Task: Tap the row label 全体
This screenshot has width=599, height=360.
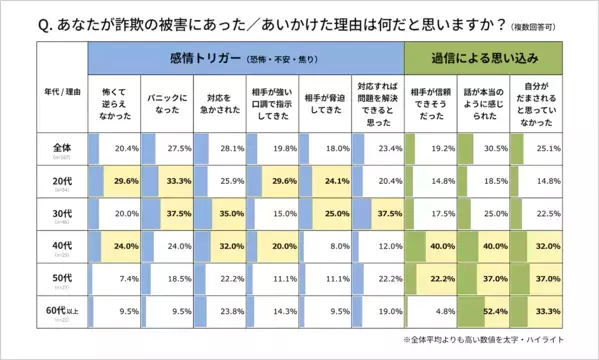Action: coord(61,148)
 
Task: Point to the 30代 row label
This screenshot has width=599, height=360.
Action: coord(61,214)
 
